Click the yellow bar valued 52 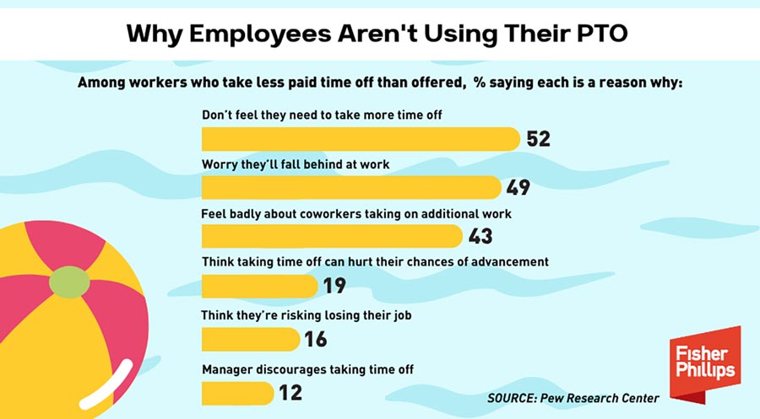(361, 138)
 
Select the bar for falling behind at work (351, 187)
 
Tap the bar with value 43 (332, 236)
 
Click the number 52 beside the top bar (538, 138)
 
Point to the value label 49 (518, 187)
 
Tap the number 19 (334, 286)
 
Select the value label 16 (315, 339)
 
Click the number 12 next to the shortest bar (290, 392)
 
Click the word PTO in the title (602, 35)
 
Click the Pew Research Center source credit (573, 397)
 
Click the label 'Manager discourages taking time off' (307, 369)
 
